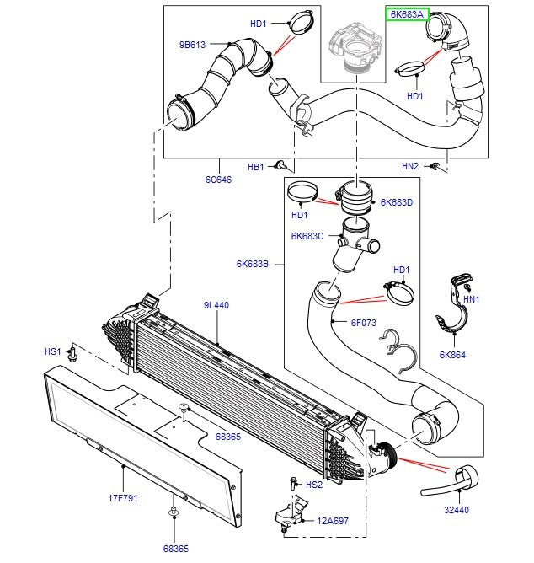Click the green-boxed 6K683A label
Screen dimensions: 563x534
(408, 15)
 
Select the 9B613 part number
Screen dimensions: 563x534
(191, 44)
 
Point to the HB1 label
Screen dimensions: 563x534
(256, 167)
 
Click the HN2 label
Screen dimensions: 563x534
(410, 167)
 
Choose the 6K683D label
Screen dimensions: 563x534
(396, 202)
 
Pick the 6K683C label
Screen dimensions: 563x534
(307, 236)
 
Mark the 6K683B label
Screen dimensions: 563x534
(253, 264)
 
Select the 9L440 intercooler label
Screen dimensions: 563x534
(216, 304)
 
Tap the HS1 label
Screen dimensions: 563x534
(52, 350)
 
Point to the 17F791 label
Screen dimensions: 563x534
(124, 498)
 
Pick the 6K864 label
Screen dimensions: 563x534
(452, 355)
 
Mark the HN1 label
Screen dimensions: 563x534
(471, 298)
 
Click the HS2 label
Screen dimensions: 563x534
(314, 485)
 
